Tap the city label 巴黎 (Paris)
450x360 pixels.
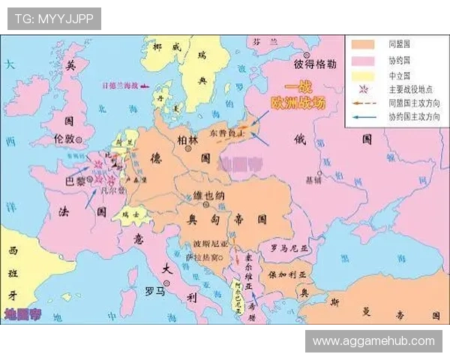[x=76, y=181]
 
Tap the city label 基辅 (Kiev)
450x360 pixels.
[x=313, y=180]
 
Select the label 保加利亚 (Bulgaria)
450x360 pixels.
[x=287, y=275]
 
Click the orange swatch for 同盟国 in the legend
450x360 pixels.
[x=363, y=43]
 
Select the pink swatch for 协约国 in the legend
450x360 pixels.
[x=363, y=60]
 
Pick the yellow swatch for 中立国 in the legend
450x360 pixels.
[x=363, y=76]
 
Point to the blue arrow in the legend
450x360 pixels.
[x=363, y=116]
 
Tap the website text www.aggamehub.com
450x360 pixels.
[x=373, y=340]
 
